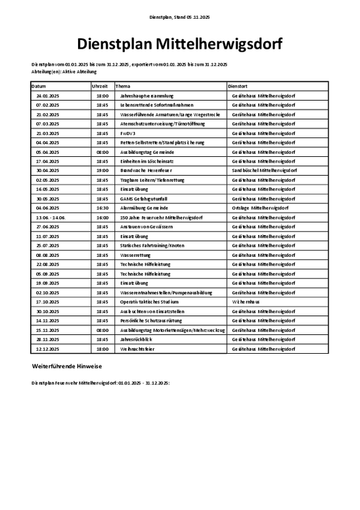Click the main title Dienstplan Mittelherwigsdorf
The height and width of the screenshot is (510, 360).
pyautogui.click(x=179, y=44)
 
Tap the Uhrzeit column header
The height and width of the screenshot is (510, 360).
pyautogui.click(x=100, y=86)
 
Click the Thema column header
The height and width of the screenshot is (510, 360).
pyautogui.click(x=123, y=86)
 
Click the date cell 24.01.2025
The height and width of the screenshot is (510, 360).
pyautogui.click(x=47, y=96)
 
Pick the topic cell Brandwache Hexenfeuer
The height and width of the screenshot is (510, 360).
pyautogui.click(x=146, y=170)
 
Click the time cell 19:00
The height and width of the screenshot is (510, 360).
pyautogui.click(x=102, y=170)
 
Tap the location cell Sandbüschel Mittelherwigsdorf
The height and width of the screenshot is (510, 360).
pyautogui.click(x=264, y=170)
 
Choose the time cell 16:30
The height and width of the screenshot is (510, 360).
pyautogui.click(x=102, y=207)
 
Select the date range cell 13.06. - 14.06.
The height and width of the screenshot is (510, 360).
pyautogui.click(x=51, y=217)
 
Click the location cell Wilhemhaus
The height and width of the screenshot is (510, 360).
pyautogui.click(x=246, y=301)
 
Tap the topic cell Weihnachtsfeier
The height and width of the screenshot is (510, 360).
pyautogui.click(x=137, y=349)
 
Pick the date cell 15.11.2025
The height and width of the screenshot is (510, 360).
pyautogui.click(x=47, y=329)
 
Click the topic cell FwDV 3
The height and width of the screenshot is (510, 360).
pyautogui.click(x=127, y=133)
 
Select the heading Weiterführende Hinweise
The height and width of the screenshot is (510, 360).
pyautogui.click(x=67, y=365)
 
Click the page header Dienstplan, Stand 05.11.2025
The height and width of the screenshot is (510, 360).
pyautogui.click(x=180, y=18)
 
